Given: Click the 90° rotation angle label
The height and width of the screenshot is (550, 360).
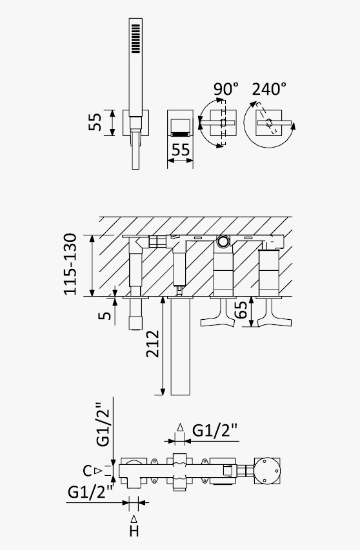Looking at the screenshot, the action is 226,89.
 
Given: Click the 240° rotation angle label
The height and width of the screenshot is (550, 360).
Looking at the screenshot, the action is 269,89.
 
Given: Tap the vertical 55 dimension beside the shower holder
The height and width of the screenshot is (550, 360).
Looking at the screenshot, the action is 95,123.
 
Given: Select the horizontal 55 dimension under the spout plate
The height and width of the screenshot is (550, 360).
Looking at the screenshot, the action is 181,150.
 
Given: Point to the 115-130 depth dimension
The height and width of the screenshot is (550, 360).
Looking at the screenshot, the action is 70,264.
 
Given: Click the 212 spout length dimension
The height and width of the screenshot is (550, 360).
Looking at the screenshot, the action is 153,344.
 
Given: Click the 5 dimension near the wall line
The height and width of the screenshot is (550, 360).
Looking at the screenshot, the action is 105,315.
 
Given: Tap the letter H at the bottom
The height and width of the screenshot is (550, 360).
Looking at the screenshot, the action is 134,531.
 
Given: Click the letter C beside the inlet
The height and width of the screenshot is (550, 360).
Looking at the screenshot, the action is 87,471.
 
